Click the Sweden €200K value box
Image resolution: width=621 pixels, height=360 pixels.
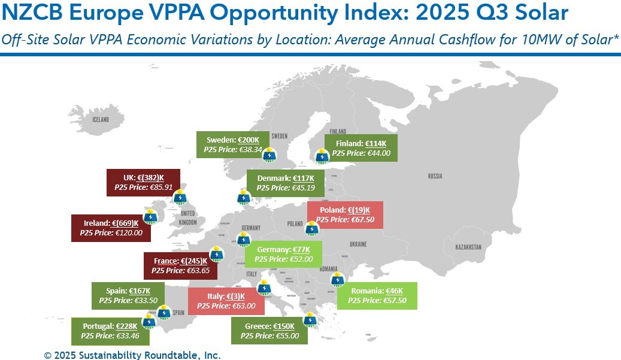tap(234, 145)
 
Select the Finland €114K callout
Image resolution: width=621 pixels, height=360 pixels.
tap(361, 149)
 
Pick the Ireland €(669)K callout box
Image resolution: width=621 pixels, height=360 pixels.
tap(111, 228)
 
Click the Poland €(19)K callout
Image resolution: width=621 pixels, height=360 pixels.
tap(344, 215)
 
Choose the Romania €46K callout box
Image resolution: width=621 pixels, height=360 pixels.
tap(377, 295)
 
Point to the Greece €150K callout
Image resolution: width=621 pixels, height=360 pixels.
tap(269, 331)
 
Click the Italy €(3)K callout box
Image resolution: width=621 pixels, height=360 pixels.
tap(226, 301)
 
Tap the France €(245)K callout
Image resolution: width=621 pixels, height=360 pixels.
tap(181, 266)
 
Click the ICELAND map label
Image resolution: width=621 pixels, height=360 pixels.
tap(101, 120)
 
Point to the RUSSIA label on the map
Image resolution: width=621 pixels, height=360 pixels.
tap(435, 176)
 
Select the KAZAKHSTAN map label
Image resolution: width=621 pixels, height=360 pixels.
tap(468, 247)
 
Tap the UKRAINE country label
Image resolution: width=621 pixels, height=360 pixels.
tap(358, 244)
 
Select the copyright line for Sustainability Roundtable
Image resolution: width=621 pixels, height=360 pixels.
tap(132, 355)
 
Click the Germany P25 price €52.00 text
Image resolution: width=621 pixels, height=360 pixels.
tap(284, 259)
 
